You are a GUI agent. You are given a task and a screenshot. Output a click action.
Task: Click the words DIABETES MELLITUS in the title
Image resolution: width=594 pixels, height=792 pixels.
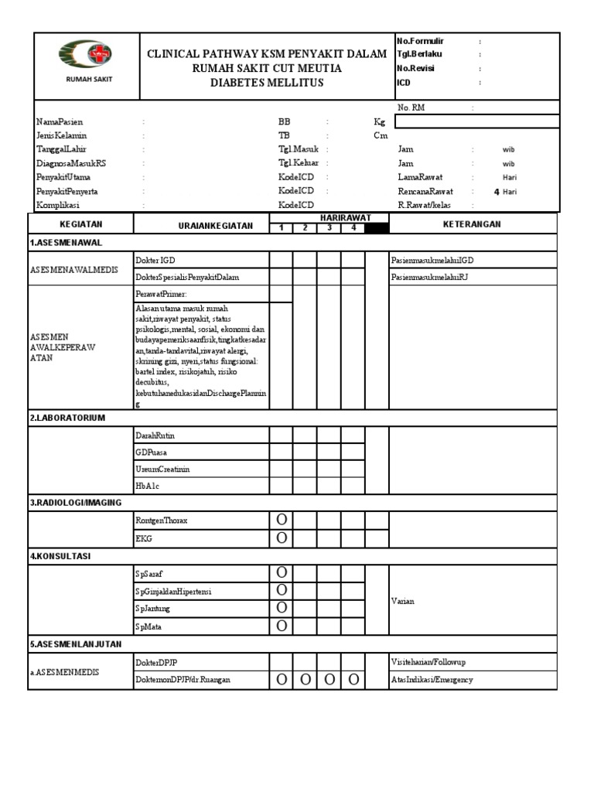point(267,84)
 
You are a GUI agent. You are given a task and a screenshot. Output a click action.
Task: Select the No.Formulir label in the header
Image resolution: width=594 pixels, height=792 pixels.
point(421,41)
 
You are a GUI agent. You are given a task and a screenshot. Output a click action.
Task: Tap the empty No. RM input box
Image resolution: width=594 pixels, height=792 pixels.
point(476,121)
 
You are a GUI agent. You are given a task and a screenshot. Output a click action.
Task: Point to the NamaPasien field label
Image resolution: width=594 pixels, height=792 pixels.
point(60,122)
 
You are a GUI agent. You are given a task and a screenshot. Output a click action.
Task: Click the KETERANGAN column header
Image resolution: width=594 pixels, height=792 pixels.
point(473,224)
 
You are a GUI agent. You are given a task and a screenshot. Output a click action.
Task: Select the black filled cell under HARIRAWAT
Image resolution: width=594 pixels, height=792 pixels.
point(377,228)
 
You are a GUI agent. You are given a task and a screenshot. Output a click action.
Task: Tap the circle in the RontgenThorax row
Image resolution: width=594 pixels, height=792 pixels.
point(282,521)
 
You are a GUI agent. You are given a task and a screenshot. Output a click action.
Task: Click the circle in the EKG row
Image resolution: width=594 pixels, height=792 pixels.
point(282,538)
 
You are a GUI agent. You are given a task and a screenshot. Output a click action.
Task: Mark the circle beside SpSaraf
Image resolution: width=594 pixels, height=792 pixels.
point(282,573)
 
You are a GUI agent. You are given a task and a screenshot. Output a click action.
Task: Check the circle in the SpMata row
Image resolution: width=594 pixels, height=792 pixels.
point(282,626)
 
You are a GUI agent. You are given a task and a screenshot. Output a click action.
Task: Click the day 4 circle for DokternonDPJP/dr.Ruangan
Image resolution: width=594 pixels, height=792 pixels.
point(353,680)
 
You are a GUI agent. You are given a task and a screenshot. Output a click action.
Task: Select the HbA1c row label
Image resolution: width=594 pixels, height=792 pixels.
point(147,486)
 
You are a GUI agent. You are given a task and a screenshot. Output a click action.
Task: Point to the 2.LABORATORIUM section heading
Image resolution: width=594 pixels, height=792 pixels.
point(67,418)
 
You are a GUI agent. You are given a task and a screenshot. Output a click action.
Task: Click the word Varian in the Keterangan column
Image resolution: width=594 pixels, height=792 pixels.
point(403,601)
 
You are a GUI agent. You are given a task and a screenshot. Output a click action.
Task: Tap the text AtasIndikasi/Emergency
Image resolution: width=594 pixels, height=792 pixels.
point(432,680)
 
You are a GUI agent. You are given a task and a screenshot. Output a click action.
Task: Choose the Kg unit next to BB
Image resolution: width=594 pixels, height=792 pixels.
point(379,122)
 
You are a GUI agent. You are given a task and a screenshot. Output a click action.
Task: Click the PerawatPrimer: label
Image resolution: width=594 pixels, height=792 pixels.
point(161,295)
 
